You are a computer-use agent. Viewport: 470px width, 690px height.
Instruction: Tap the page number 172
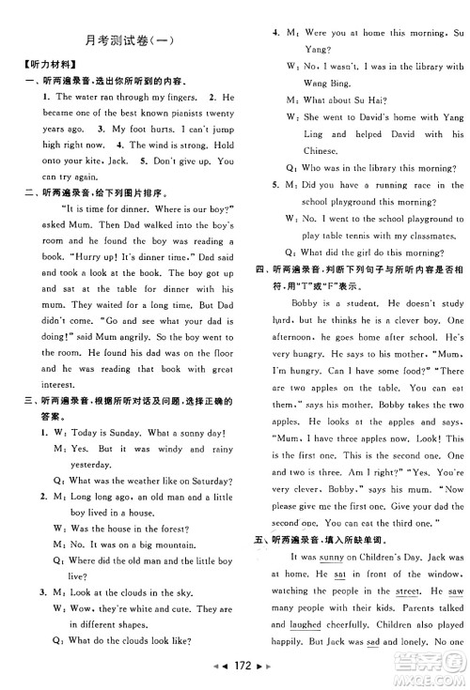(x=235, y=676)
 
